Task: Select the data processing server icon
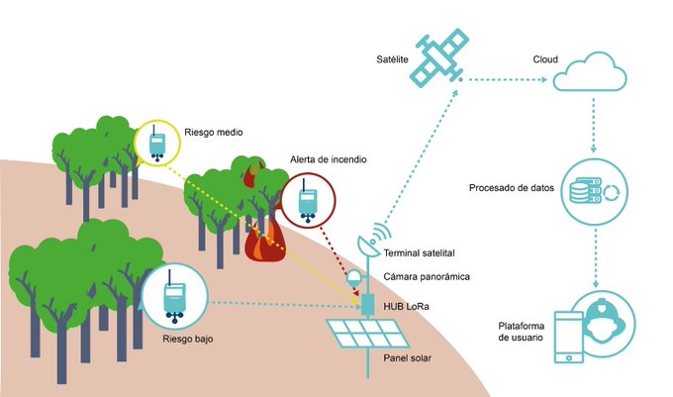click(x=591, y=191)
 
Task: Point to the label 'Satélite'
click(x=394, y=60)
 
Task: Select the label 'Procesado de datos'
click(x=510, y=188)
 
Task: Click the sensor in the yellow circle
click(x=158, y=145)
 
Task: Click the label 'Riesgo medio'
click(x=213, y=130)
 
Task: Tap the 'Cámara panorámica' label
click(x=426, y=278)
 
